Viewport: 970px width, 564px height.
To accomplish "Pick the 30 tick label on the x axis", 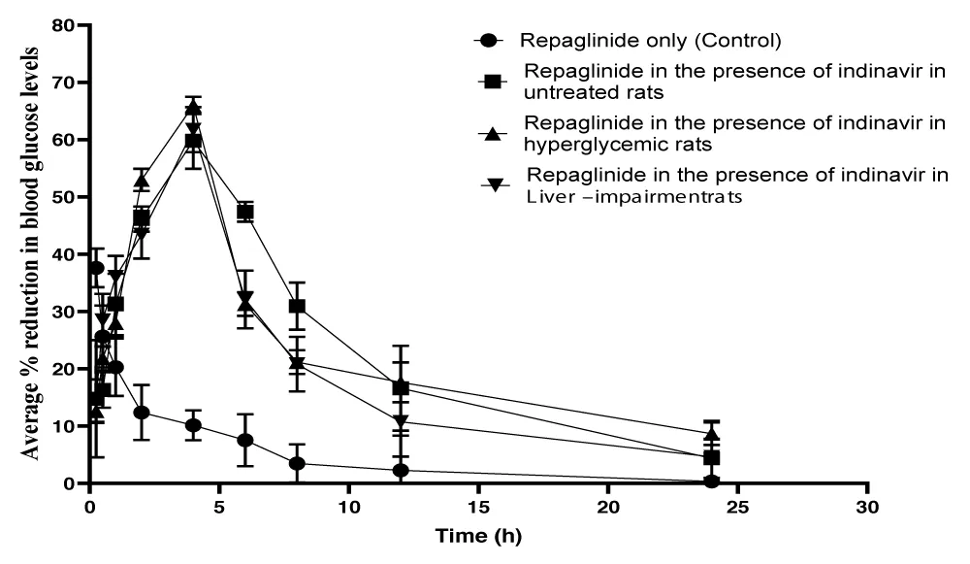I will point(868,507).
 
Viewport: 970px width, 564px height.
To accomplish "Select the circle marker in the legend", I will point(490,41).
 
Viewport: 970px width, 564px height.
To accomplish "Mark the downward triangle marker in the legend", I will point(496,184).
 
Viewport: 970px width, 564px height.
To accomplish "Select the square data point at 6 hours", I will point(245,212).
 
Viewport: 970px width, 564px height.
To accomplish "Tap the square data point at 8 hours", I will point(297,307).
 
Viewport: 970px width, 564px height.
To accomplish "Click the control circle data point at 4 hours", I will point(193,425).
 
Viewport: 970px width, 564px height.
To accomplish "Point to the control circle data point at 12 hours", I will point(401,471).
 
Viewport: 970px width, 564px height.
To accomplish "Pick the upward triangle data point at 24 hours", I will point(712,433).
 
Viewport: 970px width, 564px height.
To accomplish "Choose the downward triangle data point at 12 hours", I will point(401,422).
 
